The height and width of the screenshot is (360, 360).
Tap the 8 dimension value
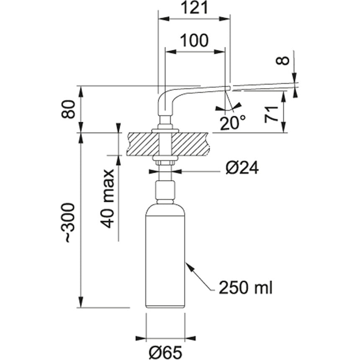tap(284, 60)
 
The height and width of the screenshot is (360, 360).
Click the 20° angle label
tap(231, 122)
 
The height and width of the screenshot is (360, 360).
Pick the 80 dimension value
tap(72, 110)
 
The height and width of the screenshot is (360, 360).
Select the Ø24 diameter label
tap(242, 168)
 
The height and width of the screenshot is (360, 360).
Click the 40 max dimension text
tap(108, 198)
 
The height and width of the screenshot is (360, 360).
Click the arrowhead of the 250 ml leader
tap(188, 265)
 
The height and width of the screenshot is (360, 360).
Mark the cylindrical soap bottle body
tap(166, 260)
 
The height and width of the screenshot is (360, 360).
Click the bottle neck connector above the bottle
tap(166, 191)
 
